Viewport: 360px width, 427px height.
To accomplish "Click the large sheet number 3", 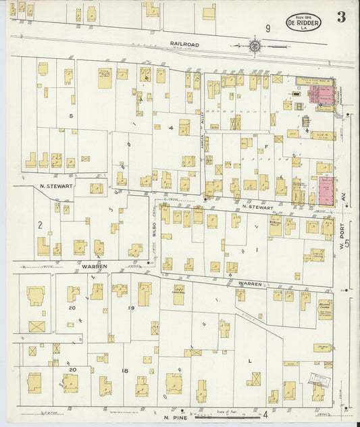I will pos(341,18).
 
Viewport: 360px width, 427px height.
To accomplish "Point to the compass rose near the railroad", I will pos(255,47).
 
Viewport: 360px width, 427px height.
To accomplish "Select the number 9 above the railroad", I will pos(268,28).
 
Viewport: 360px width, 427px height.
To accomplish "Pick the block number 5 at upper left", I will pos(70,116).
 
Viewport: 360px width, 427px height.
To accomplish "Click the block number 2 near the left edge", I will pos(41,224).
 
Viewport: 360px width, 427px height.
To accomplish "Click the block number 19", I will pos(124,308).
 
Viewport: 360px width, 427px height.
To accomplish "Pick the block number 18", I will pos(124,371).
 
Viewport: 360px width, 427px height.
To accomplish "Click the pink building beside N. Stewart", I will pos(326,191).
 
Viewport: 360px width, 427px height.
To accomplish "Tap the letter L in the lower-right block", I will pos(250,361).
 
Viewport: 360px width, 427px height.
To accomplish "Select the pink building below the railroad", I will pos(322,94).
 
